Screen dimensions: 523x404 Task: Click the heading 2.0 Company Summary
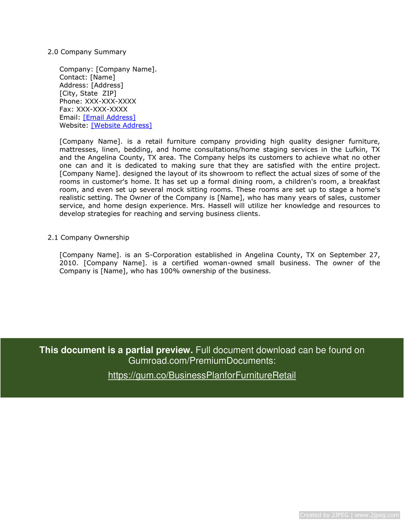coord(87,52)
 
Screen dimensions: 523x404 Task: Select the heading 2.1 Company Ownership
coord(88,238)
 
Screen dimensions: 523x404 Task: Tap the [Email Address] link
coord(109,117)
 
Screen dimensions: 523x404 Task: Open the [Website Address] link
coord(121,125)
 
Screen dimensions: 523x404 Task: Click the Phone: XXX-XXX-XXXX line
coord(98,101)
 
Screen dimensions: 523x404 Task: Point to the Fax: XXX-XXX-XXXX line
coord(93,109)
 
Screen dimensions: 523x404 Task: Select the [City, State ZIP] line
coord(88,93)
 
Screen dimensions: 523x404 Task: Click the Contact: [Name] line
coord(87,77)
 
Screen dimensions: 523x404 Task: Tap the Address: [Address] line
coord(91,85)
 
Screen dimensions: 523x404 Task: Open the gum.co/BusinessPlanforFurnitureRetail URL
coord(202,375)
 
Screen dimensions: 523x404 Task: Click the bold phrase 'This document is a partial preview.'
coord(116,350)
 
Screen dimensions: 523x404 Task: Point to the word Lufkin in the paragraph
coord(356,150)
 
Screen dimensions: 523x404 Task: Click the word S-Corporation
coord(168,255)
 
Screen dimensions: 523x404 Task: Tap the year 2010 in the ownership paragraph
coord(68,263)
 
